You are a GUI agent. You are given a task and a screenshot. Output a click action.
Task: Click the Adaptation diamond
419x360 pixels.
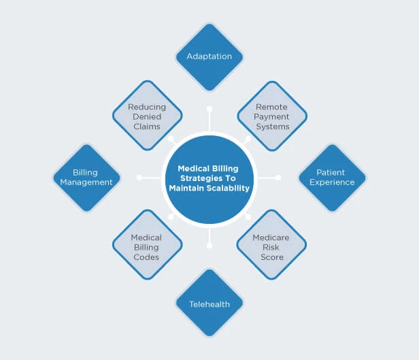(x=209, y=56)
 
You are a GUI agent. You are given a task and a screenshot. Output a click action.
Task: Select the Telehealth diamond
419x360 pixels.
(x=209, y=304)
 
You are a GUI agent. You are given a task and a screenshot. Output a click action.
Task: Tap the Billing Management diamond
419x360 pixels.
(x=86, y=178)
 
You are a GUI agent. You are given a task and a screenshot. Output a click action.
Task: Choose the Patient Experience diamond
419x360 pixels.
(x=332, y=178)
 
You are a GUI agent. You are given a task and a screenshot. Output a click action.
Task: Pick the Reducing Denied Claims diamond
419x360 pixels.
(x=147, y=116)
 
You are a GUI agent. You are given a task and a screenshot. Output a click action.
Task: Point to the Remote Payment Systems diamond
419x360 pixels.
(x=272, y=116)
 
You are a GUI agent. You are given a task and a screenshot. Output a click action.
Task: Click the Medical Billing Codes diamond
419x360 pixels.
(x=147, y=248)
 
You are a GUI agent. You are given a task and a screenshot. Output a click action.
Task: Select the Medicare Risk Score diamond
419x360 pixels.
(x=272, y=248)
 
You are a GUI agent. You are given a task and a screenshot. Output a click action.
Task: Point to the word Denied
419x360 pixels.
(x=147, y=116)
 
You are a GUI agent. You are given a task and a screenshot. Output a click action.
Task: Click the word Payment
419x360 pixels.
(x=272, y=116)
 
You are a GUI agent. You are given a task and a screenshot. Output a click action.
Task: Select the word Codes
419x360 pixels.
(x=147, y=257)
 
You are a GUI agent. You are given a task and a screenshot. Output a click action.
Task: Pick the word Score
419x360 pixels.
(x=272, y=257)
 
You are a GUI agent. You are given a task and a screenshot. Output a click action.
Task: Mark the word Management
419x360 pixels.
(x=86, y=182)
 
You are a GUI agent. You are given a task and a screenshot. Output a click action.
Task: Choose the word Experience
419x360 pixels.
(x=332, y=182)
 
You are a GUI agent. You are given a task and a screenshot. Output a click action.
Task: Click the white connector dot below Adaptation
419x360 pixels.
(x=209, y=108)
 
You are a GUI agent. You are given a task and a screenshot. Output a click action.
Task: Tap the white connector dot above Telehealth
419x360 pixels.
(x=209, y=246)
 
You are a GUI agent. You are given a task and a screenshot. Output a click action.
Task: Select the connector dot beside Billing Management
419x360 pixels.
(x=139, y=178)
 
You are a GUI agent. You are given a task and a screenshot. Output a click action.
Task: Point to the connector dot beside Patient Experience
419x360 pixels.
(x=279, y=178)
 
